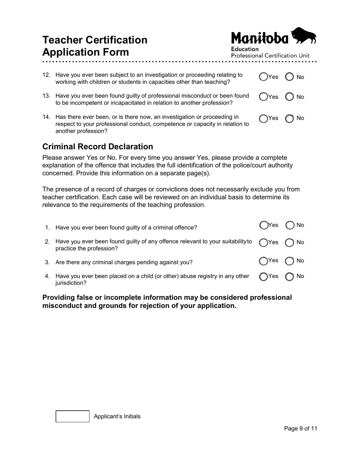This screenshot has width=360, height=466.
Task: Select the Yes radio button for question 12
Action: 263,77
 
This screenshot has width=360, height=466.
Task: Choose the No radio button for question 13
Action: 290,97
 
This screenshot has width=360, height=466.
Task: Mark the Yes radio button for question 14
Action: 263,119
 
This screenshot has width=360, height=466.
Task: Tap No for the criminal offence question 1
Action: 290,225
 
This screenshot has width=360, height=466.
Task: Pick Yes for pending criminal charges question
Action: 263,261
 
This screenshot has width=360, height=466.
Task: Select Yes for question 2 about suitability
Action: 263,242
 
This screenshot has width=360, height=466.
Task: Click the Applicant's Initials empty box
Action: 73,416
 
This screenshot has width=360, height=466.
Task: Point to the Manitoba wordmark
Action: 260,38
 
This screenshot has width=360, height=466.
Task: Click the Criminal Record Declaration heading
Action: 98,147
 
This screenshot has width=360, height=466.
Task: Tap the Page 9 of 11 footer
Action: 301,428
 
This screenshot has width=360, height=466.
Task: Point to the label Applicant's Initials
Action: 117,416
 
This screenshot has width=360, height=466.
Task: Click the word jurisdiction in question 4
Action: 71,283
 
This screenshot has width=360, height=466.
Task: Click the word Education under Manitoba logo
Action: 245,49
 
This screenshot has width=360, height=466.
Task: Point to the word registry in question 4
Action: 206,276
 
